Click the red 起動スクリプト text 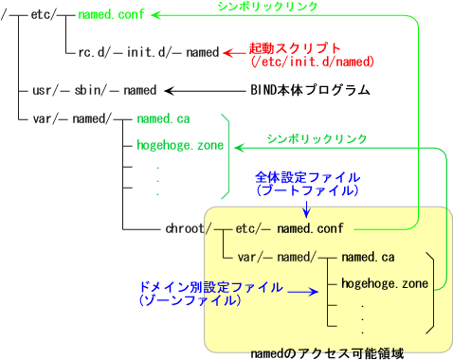tap(294, 47)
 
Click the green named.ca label tap(164, 120)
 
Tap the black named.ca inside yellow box tap(369, 256)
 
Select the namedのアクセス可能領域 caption tap(327, 352)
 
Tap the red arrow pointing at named tap(233, 54)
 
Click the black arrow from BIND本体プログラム tap(204, 91)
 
